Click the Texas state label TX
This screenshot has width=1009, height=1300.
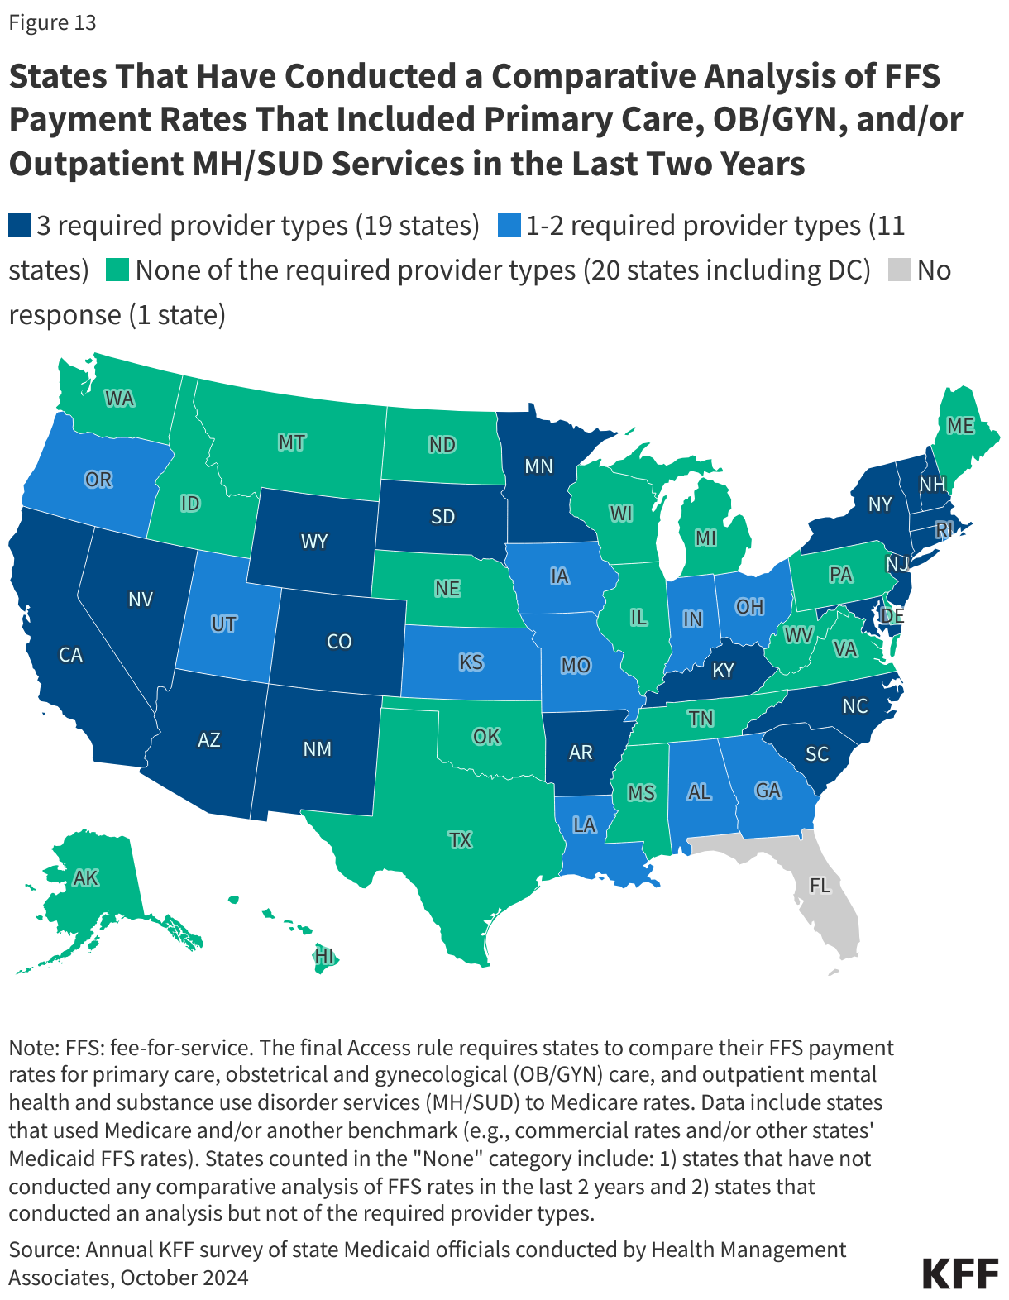click(460, 840)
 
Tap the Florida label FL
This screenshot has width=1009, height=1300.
click(820, 886)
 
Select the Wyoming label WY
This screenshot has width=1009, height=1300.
click(314, 542)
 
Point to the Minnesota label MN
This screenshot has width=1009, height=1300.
click(538, 466)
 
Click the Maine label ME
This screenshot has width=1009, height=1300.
click(960, 426)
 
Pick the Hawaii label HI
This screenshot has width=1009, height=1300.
click(324, 956)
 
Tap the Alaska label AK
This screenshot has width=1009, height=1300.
click(86, 878)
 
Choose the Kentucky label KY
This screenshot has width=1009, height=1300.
click(723, 671)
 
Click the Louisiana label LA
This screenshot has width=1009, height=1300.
click(584, 825)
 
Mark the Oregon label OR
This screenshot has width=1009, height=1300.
click(98, 480)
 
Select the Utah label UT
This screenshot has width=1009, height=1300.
click(223, 624)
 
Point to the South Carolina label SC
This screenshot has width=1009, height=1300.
click(817, 754)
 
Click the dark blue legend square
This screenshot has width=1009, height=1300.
click(20, 226)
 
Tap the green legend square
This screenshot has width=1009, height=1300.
click(118, 270)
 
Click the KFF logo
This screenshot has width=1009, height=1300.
click(960, 1274)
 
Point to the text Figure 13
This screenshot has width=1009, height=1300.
click(52, 22)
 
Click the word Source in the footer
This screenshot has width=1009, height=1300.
click(43, 1249)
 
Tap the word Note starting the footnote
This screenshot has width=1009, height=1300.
click(32, 1048)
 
